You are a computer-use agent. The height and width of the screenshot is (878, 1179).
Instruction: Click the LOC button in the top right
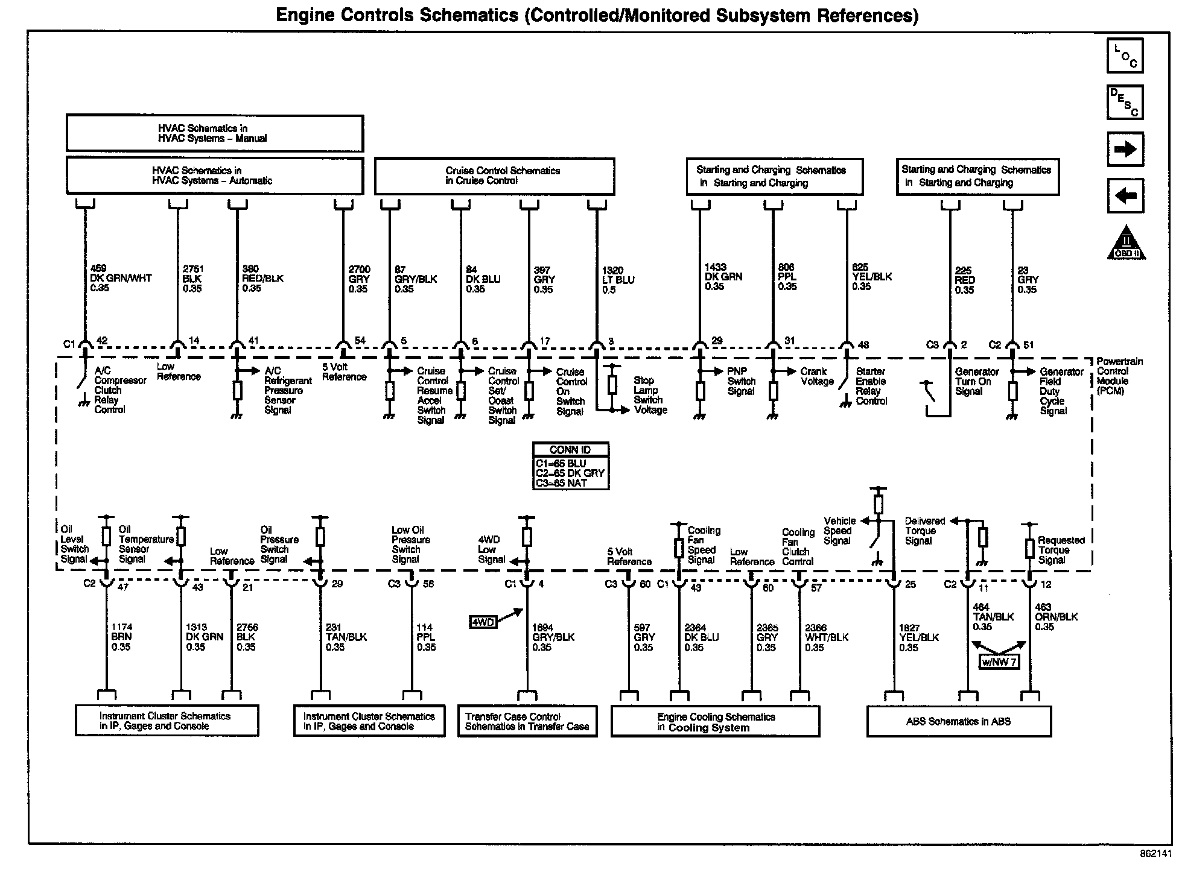point(1125,55)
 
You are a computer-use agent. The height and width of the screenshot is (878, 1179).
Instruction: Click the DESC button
point(1125,102)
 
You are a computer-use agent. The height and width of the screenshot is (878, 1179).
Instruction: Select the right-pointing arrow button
point(1125,149)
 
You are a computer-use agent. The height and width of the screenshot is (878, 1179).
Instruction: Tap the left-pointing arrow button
point(1125,195)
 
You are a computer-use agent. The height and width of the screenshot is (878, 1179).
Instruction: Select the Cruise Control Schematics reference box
point(494,176)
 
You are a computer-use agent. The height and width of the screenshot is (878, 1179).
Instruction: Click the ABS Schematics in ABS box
point(958,721)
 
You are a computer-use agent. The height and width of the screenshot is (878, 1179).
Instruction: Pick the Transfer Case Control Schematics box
point(527,721)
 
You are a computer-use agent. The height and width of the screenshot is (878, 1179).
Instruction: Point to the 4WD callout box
point(482,622)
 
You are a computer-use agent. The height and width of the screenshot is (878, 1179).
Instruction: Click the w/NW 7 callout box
point(999,662)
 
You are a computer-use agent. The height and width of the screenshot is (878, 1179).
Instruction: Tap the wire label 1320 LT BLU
point(618,280)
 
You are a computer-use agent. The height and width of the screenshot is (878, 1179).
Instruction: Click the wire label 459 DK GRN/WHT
point(120,279)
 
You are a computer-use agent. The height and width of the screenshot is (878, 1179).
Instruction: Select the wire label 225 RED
point(964,280)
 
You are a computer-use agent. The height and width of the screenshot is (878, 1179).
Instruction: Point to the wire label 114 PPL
point(426,637)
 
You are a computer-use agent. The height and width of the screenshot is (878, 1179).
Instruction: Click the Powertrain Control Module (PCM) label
point(1119,376)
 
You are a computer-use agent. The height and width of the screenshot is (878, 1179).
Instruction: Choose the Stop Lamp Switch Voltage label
point(650,395)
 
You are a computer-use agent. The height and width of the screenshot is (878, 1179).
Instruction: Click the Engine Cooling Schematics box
point(715,722)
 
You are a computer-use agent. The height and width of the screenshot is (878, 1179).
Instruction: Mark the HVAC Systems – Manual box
point(214,133)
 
